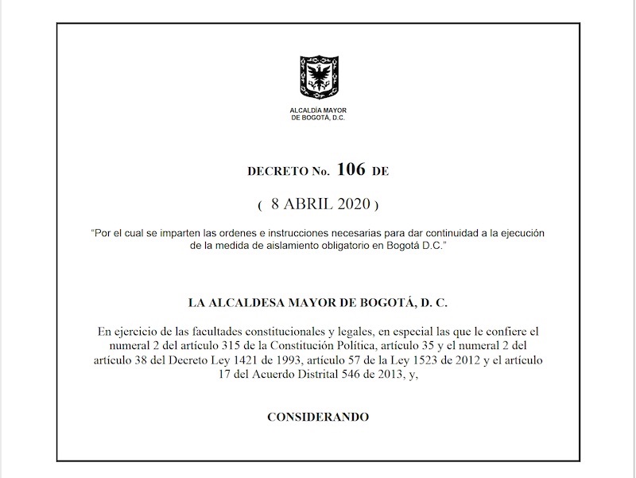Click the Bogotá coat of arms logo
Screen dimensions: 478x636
click(318, 77)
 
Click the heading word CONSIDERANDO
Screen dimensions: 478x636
click(318, 417)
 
